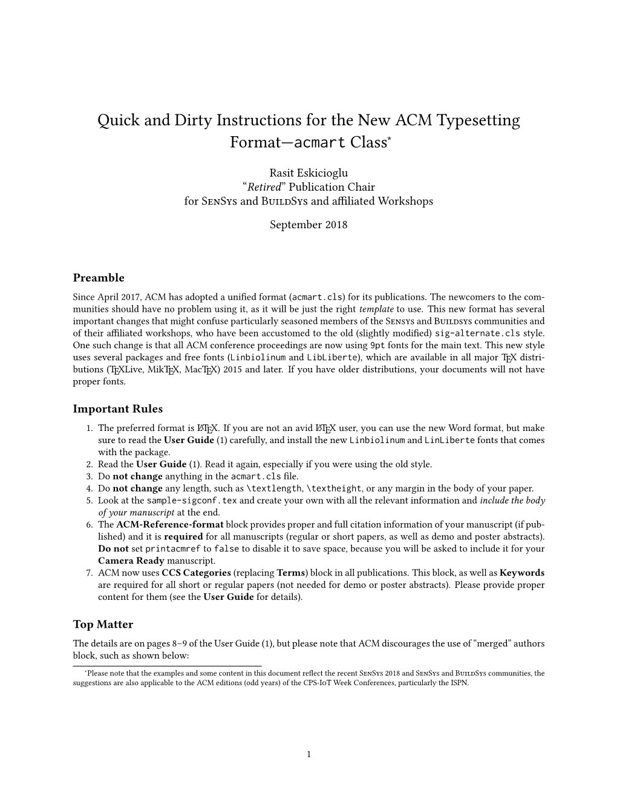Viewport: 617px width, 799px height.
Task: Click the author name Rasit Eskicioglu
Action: click(308, 174)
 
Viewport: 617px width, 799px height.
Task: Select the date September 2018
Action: click(308, 225)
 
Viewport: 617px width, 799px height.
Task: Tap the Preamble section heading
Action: click(99, 278)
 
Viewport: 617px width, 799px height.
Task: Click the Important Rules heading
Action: click(118, 409)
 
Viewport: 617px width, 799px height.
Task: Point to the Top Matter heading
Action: click(103, 624)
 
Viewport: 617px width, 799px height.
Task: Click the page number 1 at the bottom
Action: click(308, 754)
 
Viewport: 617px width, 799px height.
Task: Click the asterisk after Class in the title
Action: click(390, 139)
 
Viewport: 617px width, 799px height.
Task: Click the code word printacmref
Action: click(174, 548)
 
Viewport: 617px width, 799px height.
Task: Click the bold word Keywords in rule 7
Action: click(522, 573)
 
